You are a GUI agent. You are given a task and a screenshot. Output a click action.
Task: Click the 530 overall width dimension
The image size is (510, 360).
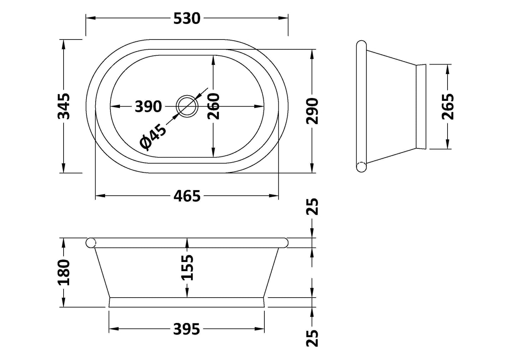[187, 18]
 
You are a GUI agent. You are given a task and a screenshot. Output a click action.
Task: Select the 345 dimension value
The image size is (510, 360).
[64, 106]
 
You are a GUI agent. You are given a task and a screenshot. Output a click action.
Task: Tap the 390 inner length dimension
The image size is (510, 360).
[148, 106]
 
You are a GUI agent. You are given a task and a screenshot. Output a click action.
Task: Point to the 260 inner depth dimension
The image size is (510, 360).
[213, 106]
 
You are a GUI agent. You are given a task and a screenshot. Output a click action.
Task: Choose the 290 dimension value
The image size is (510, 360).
[312, 111]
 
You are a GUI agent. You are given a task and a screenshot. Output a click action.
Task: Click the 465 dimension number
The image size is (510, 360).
[187, 196]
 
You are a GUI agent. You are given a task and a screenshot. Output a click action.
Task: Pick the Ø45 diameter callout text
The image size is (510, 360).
[152, 137]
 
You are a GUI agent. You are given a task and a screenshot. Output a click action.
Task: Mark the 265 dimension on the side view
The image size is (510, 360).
[448, 106]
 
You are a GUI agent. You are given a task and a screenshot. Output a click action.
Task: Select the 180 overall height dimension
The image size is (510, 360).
[64, 272]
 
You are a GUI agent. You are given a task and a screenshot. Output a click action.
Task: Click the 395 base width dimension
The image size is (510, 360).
[187, 329]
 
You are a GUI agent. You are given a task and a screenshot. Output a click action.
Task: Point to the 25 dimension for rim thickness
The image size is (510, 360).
[312, 207]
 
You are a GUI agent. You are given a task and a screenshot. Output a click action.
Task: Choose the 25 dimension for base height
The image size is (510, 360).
[312, 338]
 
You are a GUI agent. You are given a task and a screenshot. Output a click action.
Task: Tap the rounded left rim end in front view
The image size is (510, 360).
[91, 243]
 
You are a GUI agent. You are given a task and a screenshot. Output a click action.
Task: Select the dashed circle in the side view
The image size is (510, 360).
[361, 167]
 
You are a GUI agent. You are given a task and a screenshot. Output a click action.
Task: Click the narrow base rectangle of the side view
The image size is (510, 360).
[421, 106]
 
